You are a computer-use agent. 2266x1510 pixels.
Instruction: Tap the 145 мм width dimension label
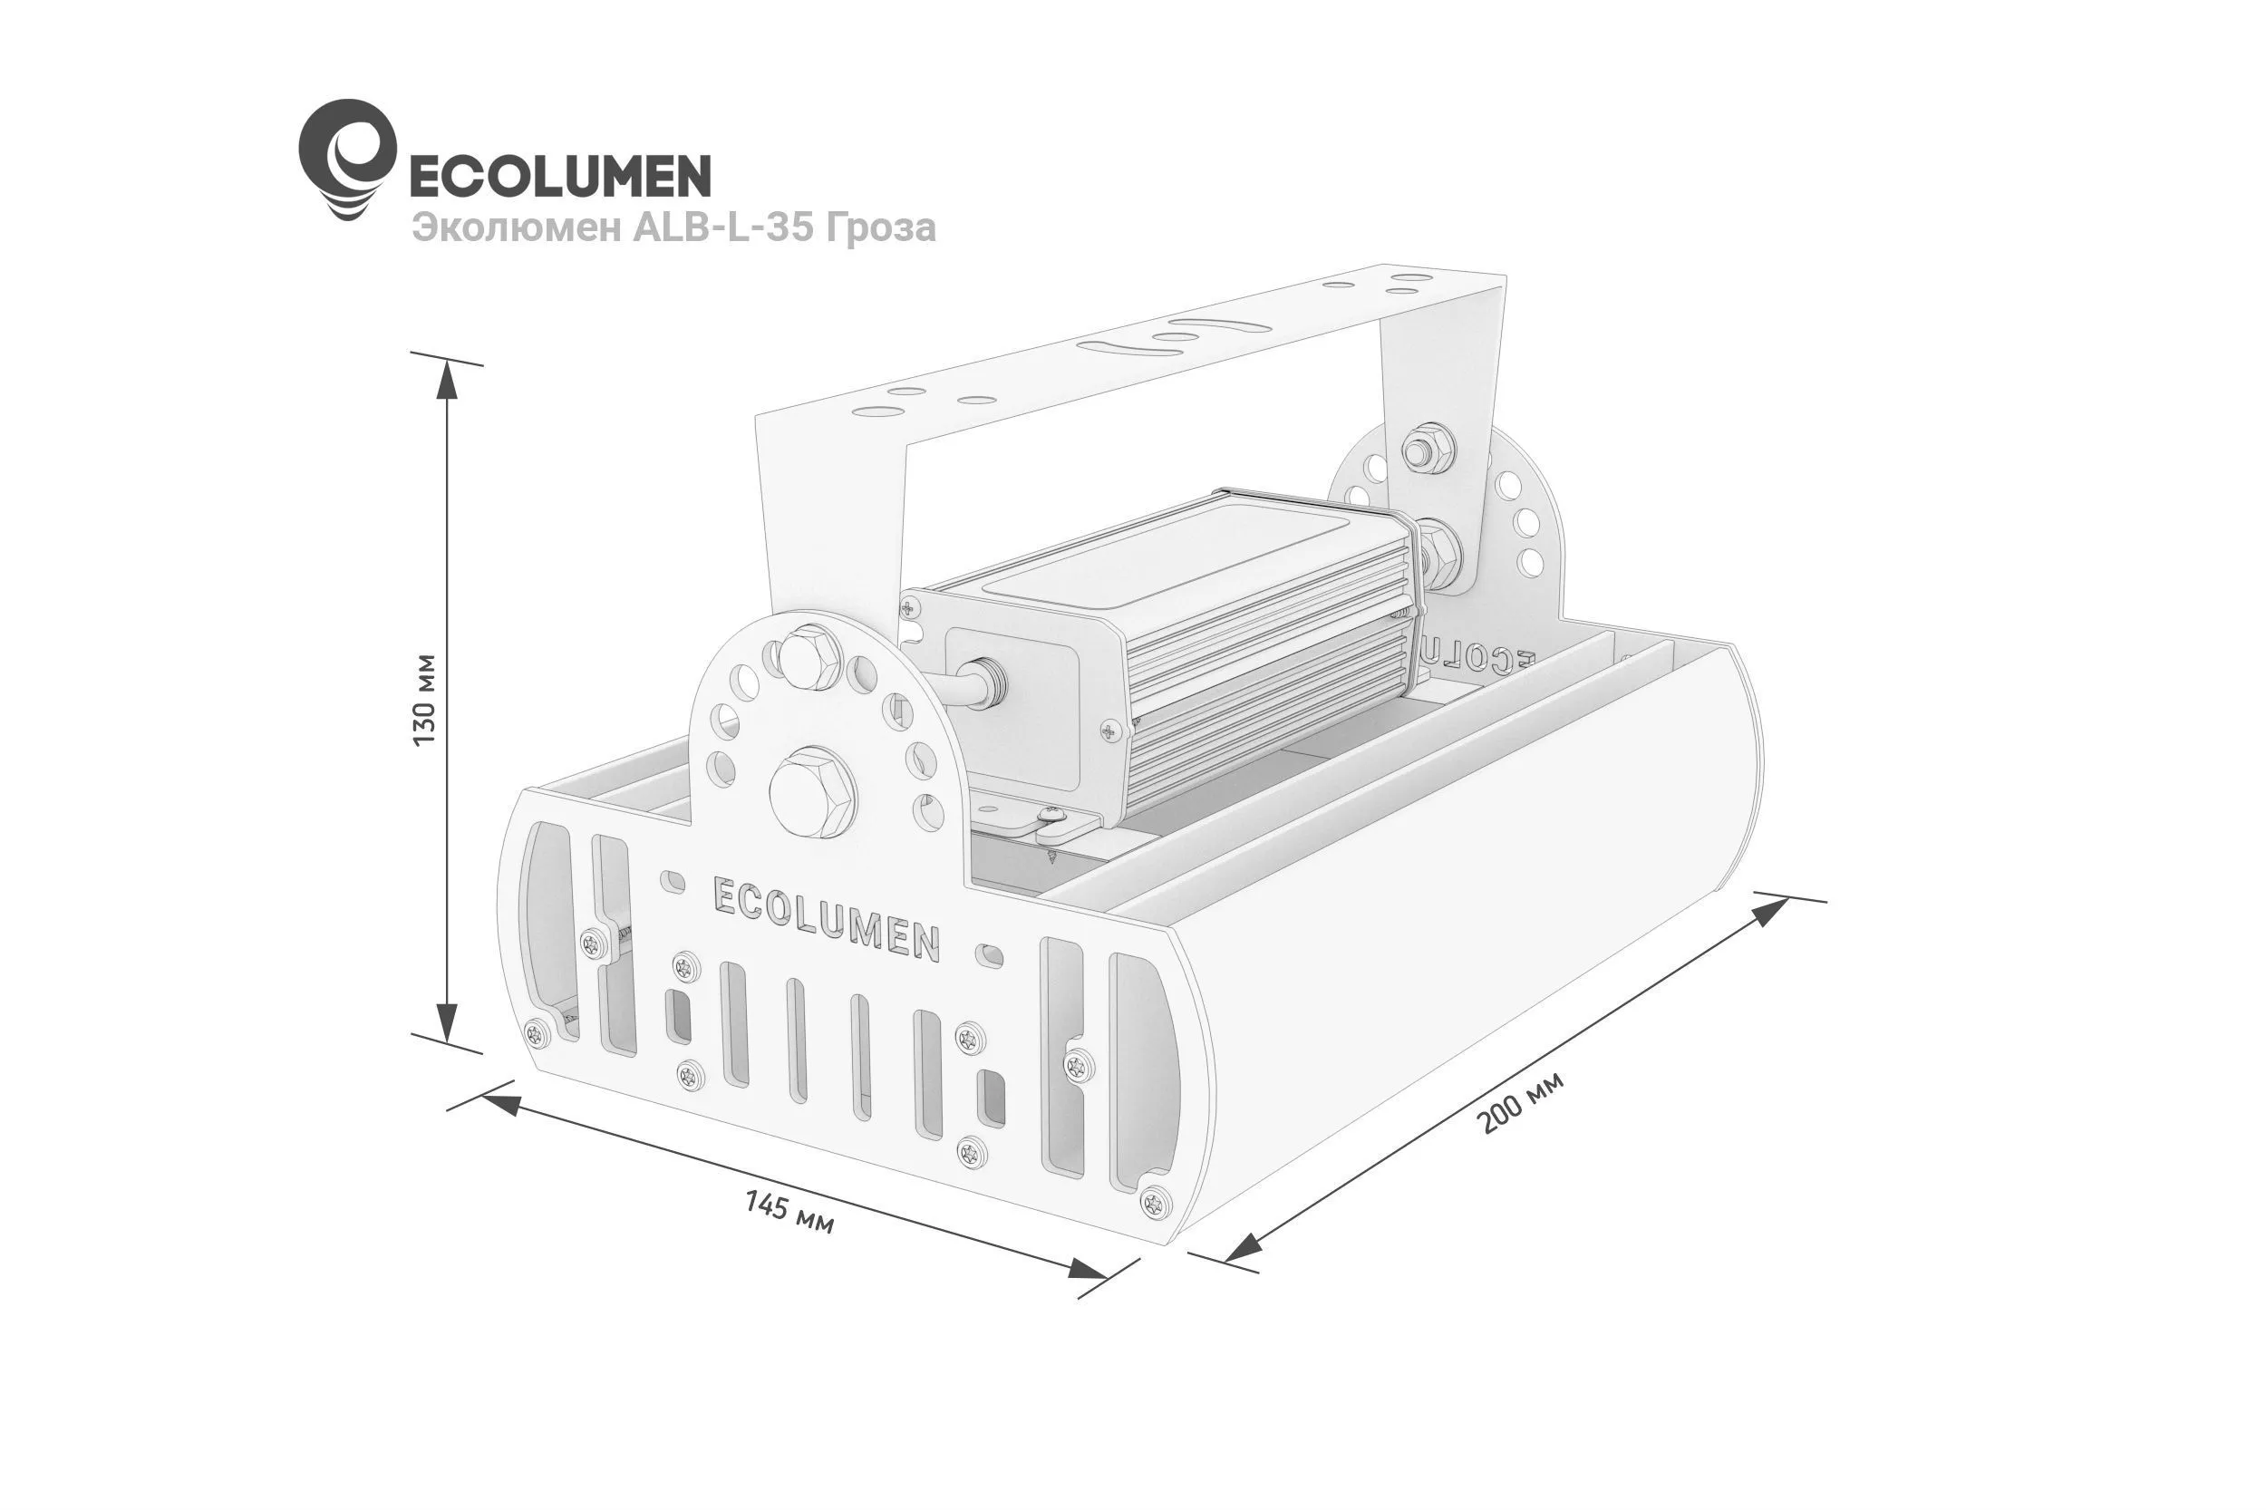click(789, 1213)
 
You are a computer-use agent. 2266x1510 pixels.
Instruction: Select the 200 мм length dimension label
click(1521, 1100)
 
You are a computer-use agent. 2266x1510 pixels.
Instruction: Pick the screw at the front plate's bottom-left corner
click(537, 1032)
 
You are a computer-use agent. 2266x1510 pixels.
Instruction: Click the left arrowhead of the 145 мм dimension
click(498, 1105)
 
